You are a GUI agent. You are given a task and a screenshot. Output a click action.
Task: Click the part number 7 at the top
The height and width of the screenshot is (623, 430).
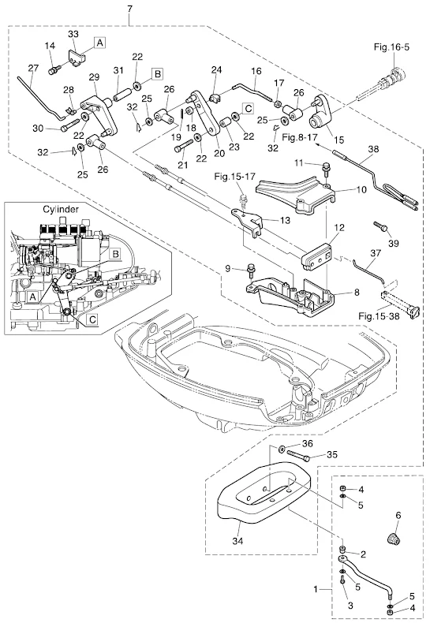coord(130,9)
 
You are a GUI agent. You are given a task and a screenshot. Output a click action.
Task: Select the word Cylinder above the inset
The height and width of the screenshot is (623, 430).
coord(61,209)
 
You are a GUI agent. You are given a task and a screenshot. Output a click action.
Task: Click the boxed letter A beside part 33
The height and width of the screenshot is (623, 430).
coord(99,42)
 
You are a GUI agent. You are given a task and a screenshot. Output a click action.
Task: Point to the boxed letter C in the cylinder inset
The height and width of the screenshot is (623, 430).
coord(92,319)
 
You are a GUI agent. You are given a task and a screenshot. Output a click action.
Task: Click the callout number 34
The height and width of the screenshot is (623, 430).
coord(237,541)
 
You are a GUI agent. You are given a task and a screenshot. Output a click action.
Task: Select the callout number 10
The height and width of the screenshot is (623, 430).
coord(361,189)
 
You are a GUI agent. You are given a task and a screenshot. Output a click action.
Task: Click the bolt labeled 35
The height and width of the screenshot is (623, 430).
coord(298,457)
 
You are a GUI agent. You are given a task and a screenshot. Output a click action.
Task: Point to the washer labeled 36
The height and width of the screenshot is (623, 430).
coord(282,449)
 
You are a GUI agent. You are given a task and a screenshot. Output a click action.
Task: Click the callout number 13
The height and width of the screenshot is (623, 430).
coord(286,220)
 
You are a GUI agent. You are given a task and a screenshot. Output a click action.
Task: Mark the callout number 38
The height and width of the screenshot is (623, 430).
coord(373,149)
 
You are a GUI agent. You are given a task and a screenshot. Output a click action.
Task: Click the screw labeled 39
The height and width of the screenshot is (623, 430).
coord(380,226)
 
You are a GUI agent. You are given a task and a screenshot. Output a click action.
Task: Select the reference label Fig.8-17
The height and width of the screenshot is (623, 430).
coord(301,138)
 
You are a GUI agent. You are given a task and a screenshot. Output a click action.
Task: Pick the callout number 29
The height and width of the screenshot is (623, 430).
coord(94,76)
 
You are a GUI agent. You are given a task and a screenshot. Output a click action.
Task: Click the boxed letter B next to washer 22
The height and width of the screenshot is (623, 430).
coord(157,74)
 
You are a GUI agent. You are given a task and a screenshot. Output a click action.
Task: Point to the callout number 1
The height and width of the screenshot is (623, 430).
coord(316,589)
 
